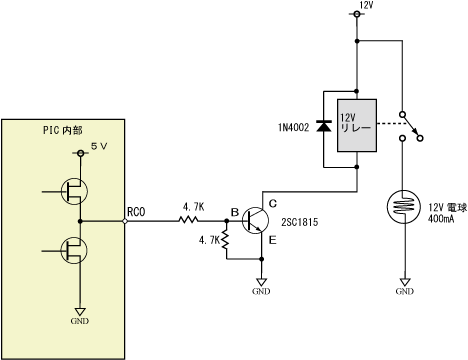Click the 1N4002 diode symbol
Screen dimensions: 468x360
(324, 126)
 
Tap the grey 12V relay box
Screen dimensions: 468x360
(357, 125)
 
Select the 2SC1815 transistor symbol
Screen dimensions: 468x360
(255, 220)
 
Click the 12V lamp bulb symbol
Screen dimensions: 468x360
(404, 207)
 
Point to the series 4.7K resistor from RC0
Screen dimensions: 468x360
(188, 220)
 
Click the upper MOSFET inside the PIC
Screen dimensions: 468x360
(74, 191)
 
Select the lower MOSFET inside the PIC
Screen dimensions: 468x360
(74, 250)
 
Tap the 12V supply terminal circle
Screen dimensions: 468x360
(357, 14)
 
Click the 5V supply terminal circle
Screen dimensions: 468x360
(80, 153)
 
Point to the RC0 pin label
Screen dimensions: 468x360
(136, 212)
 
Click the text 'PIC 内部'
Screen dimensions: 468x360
(63, 130)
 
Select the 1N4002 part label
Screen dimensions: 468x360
(294, 127)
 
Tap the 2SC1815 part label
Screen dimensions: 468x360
(300, 222)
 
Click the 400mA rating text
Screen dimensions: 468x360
(441, 219)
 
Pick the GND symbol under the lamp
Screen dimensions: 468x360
(405, 287)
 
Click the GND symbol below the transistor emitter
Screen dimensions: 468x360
(261, 287)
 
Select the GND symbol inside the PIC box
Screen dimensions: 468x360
(80, 316)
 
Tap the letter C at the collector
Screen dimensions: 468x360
(273, 203)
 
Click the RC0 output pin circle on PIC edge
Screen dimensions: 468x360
(125, 221)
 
